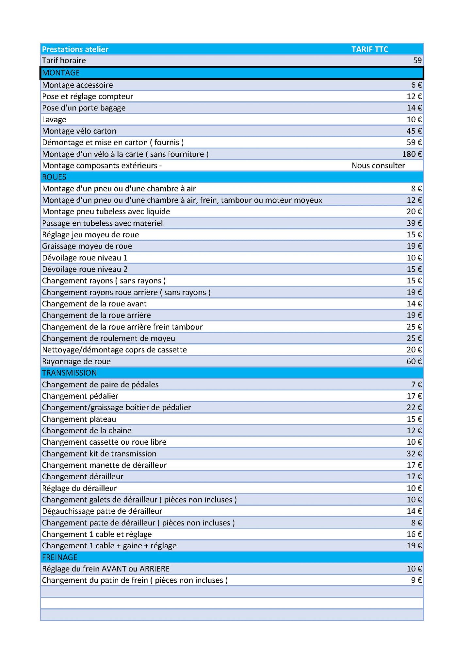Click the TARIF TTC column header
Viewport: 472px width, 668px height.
point(369,49)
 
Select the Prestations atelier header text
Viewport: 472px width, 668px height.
point(75,49)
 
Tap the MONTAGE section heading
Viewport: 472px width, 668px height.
point(61,73)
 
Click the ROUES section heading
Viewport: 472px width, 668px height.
point(54,177)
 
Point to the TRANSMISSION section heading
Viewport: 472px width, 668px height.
point(69,373)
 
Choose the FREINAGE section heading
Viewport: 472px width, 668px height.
point(60,557)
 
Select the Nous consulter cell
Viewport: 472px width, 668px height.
point(378,165)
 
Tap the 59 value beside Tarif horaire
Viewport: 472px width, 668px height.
point(417,60)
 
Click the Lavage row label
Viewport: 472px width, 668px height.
point(54,120)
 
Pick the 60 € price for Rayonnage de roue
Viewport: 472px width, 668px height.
point(414,361)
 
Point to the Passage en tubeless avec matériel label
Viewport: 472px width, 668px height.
point(102,223)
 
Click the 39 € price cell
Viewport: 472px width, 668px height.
point(414,223)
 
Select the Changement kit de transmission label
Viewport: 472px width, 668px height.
point(99,454)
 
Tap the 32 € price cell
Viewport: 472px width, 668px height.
point(414,454)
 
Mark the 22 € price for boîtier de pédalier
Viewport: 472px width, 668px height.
point(414,407)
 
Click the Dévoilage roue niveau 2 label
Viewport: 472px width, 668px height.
point(85,269)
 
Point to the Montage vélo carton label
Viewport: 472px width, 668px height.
point(79,131)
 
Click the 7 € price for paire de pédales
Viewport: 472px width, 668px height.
point(416,385)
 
